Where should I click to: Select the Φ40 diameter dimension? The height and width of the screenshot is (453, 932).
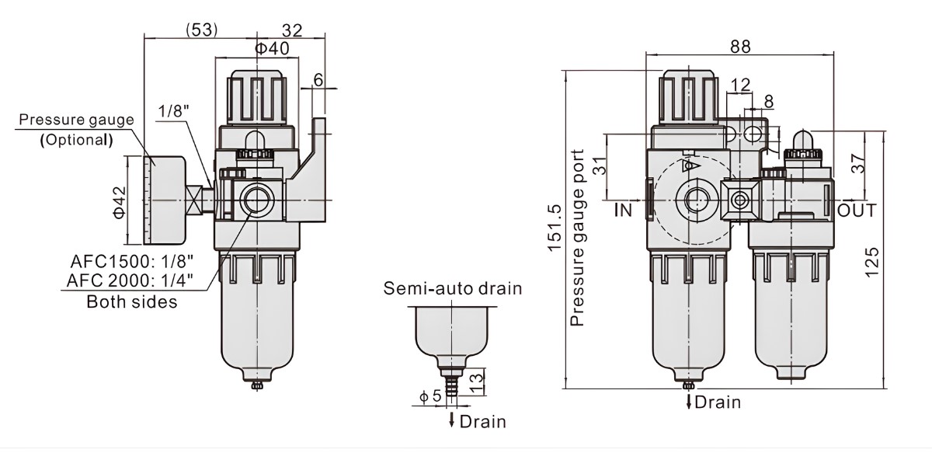(x=272, y=48)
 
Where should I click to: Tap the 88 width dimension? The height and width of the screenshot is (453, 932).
(x=740, y=47)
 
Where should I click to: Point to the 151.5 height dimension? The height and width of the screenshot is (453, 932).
(x=554, y=228)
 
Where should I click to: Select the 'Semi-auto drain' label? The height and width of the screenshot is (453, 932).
(x=453, y=289)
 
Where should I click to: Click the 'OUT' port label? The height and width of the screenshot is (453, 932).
(x=857, y=211)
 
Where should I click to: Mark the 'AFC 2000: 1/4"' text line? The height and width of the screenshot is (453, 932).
(x=130, y=281)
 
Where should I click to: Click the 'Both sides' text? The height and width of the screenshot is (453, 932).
(x=131, y=301)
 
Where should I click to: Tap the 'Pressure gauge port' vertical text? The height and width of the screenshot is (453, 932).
(x=577, y=238)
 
